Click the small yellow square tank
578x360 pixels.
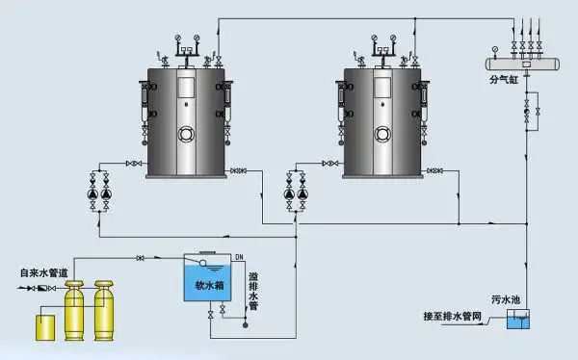(x=42, y=326)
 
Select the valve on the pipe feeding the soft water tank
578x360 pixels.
(x=141, y=257)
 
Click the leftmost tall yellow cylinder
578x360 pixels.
(x=74, y=310)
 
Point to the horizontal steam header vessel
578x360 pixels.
(x=525, y=64)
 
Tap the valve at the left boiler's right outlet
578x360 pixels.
(x=237, y=171)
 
